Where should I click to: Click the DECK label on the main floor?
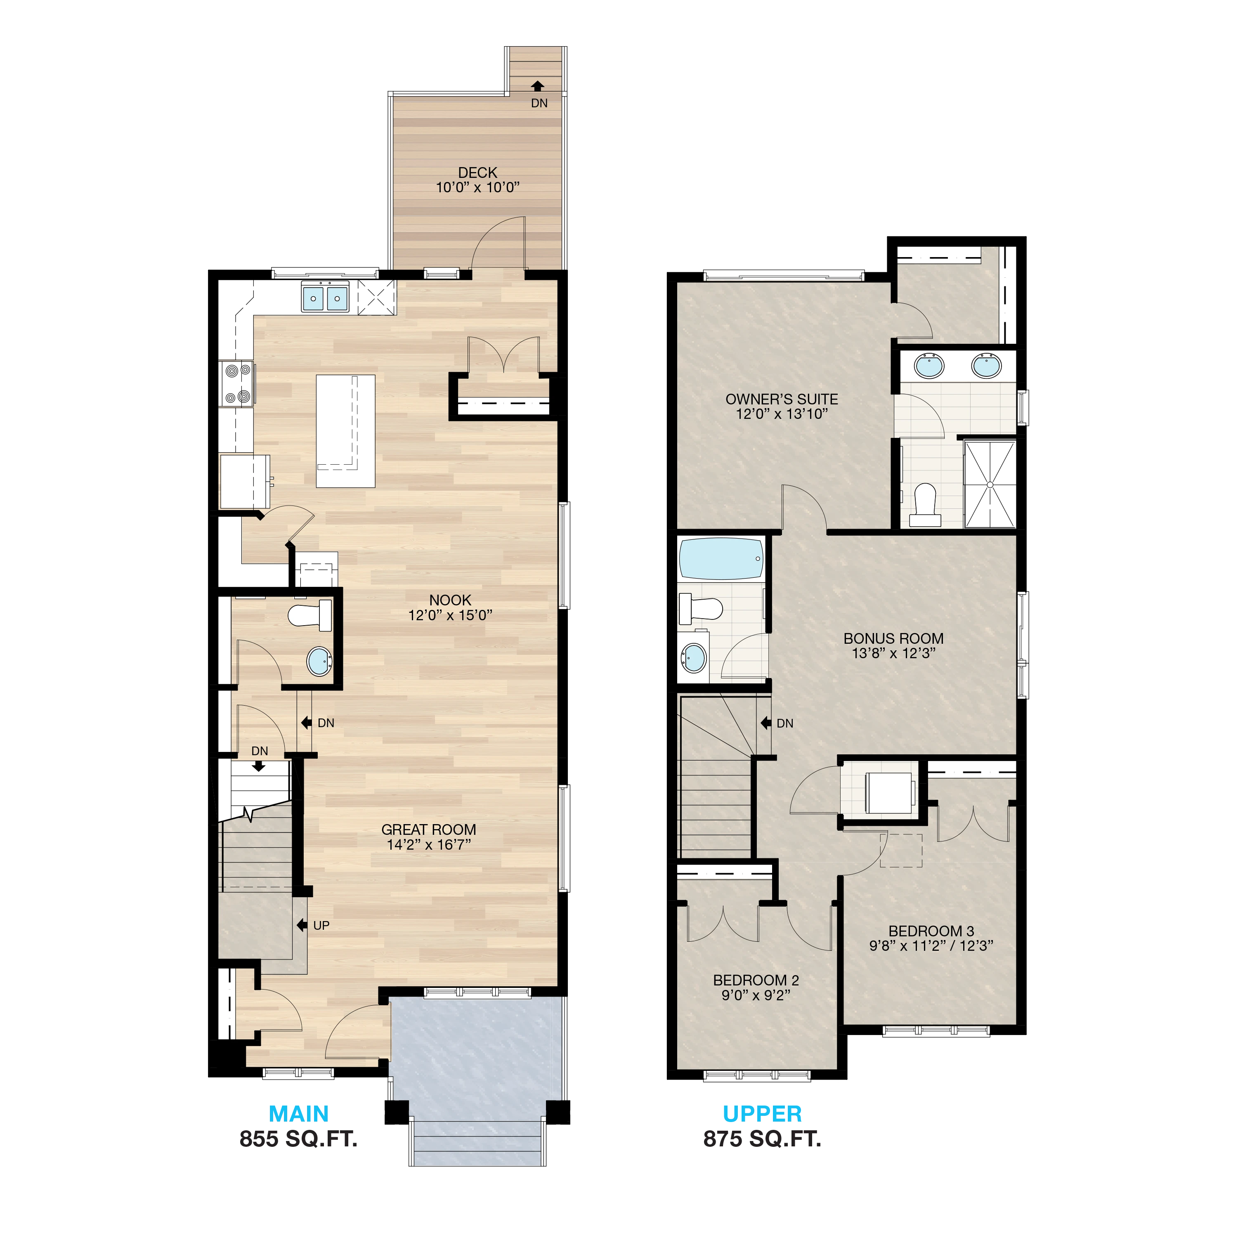(477, 172)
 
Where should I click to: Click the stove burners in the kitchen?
(237, 383)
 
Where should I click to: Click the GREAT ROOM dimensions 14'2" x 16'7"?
(429, 845)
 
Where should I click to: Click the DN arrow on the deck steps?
(538, 86)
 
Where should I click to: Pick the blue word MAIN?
(299, 1114)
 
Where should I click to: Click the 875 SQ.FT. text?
(762, 1139)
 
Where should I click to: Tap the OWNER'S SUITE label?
(782, 399)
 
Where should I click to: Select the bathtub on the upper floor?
(721, 559)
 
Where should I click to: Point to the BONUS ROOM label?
(893, 638)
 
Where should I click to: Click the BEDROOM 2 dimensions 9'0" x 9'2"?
(756, 995)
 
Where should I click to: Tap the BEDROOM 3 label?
(931, 931)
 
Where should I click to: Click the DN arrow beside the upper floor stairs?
(766, 723)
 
